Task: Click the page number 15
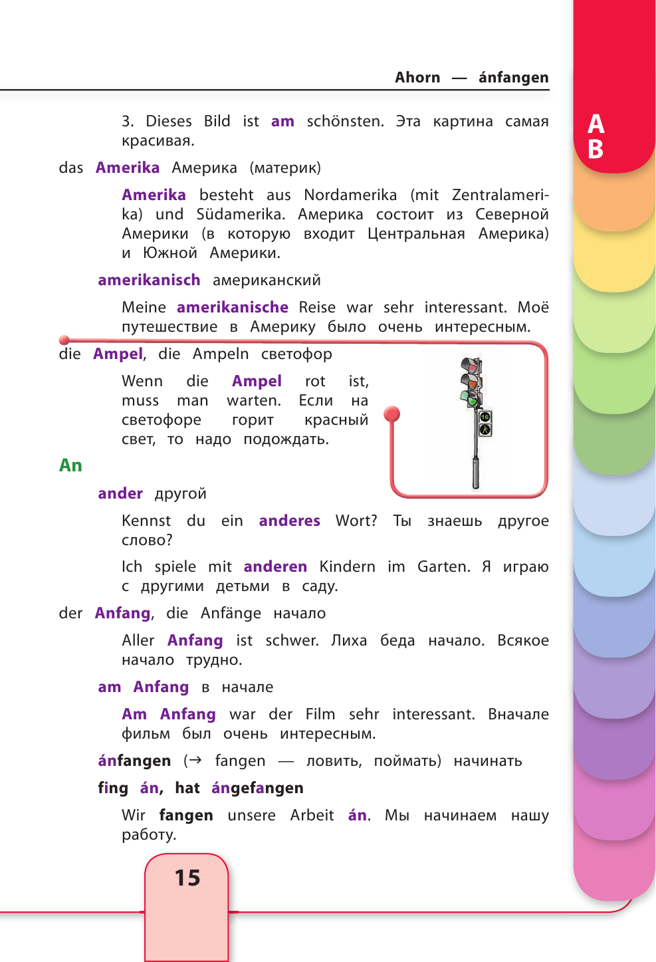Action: click(187, 878)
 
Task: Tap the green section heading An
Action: click(70, 465)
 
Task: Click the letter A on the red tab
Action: click(596, 124)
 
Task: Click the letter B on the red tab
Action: click(596, 149)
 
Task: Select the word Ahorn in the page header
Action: click(417, 77)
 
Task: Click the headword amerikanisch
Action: click(149, 280)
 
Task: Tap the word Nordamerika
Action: click(350, 195)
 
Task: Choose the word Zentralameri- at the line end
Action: click(500, 195)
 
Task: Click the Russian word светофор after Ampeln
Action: click(296, 354)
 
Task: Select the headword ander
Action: click(120, 493)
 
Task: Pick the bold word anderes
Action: click(290, 521)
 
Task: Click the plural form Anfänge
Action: click(231, 613)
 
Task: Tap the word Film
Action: click(320, 714)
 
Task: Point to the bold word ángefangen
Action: click(257, 788)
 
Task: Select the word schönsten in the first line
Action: click(345, 121)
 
